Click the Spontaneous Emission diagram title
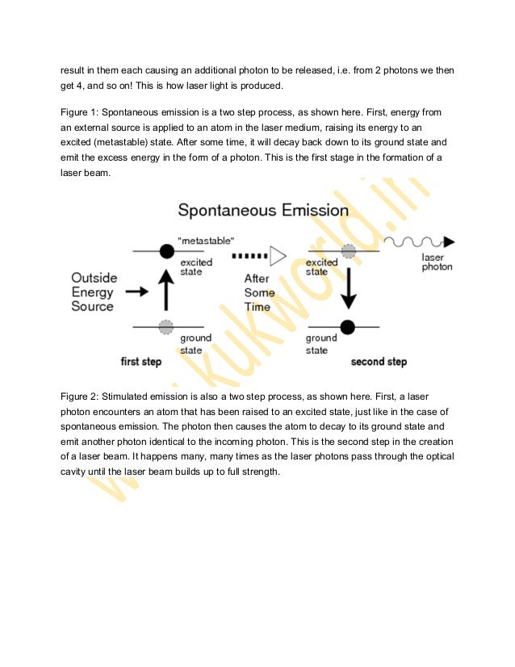pyautogui.click(x=263, y=212)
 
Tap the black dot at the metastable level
pyautogui.click(x=166, y=251)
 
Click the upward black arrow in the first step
pyautogui.click(x=166, y=288)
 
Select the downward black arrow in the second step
pyautogui.click(x=348, y=288)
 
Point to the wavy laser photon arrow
pyautogui.click(x=419, y=241)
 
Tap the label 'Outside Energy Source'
pyautogui.click(x=93, y=292)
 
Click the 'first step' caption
pyautogui.click(x=140, y=362)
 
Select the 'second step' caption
pyautogui.click(x=379, y=362)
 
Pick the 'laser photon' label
pyautogui.click(x=437, y=261)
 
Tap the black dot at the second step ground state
pyautogui.click(x=348, y=327)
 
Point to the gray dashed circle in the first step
pyautogui.click(x=166, y=326)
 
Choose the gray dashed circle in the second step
pyautogui.click(x=348, y=252)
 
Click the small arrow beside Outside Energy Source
pyautogui.click(x=136, y=291)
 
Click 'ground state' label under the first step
pyautogui.click(x=196, y=342)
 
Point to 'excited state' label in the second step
pyautogui.click(x=322, y=267)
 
